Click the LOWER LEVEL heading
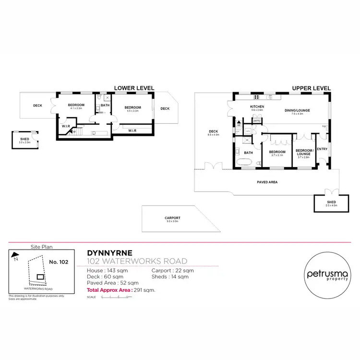point(133,88)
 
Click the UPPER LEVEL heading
point(312,88)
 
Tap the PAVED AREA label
point(267,182)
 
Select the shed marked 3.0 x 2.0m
point(24,140)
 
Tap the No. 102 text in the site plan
point(59,263)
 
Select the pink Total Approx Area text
point(120,291)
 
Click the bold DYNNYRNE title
point(110,252)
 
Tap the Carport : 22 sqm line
point(172,271)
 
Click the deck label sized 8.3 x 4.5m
point(214,133)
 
